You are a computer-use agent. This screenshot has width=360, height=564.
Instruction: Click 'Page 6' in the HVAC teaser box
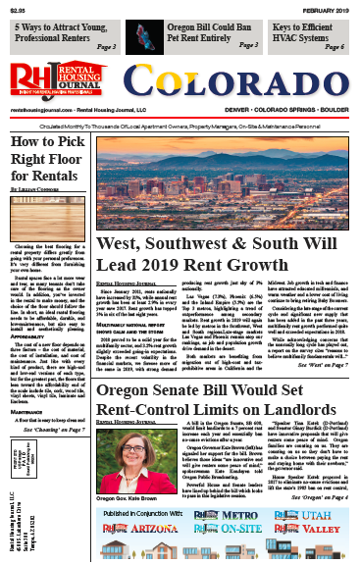click(x=336, y=47)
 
